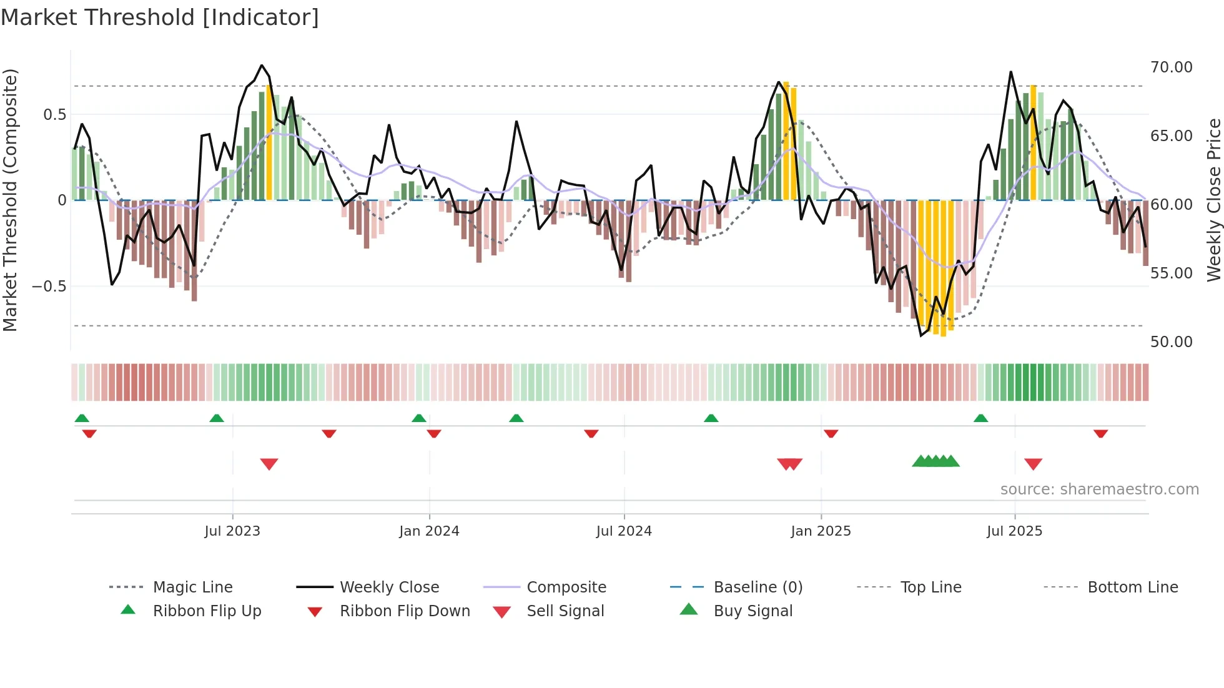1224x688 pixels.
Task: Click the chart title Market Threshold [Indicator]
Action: click(x=160, y=17)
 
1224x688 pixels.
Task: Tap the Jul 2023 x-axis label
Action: click(x=232, y=531)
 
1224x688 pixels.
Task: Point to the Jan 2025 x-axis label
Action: click(x=821, y=531)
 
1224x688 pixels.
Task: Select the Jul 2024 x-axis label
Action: click(x=624, y=531)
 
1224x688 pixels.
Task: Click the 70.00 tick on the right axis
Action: click(x=1171, y=67)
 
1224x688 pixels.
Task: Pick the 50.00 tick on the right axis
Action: click(x=1171, y=342)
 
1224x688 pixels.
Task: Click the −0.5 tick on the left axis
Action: click(x=49, y=287)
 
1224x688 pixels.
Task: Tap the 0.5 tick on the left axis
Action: click(x=54, y=115)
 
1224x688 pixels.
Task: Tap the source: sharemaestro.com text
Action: click(x=1099, y=489)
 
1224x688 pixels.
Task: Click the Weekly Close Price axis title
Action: click(x=1213, y=200)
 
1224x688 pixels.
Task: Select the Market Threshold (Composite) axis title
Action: click(x=10, y=200)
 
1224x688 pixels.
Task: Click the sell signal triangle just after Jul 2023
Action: click(x=269, y=464)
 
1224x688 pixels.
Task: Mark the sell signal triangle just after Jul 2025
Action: click(x=1033, y=464)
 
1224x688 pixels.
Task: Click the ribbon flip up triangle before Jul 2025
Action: click(x=980, y=418)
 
